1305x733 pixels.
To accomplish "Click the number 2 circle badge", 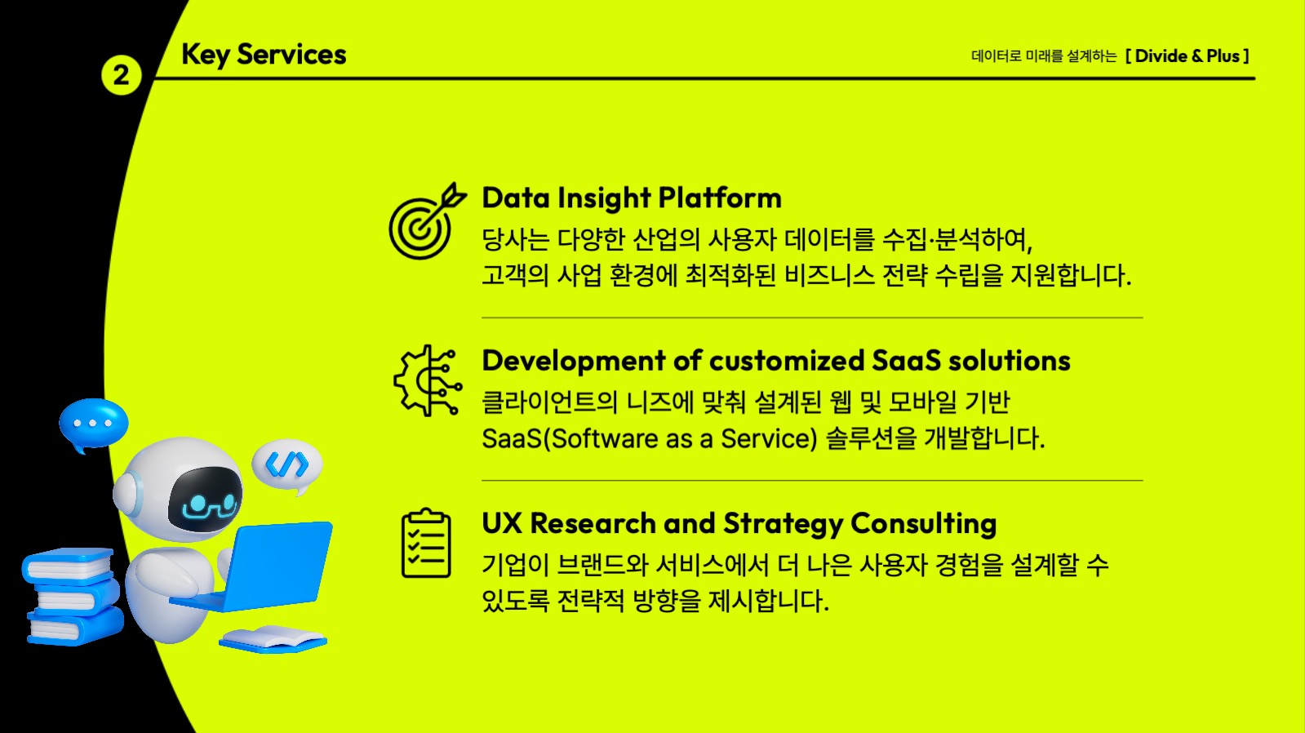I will click(x=121, y=76).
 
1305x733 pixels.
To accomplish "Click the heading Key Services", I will click(x=264, y=55).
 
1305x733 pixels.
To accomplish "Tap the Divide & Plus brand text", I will click(x=1187, y=56).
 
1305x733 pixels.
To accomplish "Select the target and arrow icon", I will click(x=425, y=221).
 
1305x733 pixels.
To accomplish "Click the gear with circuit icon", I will click(x=427, y=381).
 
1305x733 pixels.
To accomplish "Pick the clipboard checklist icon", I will click(x=426, y=544).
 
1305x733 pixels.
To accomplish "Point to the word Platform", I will click(x=720, y=198).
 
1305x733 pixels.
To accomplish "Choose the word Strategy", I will click(x=783, y=524).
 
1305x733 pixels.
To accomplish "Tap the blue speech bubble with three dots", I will click(x=93, y=424).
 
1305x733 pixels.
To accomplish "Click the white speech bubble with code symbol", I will click(x=287, y=465).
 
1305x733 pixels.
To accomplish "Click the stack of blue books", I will click(x=71, y=596).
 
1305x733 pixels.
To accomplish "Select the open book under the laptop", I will click(x=273, y=639).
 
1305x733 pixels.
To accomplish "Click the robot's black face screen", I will click(x=206, y=499).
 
